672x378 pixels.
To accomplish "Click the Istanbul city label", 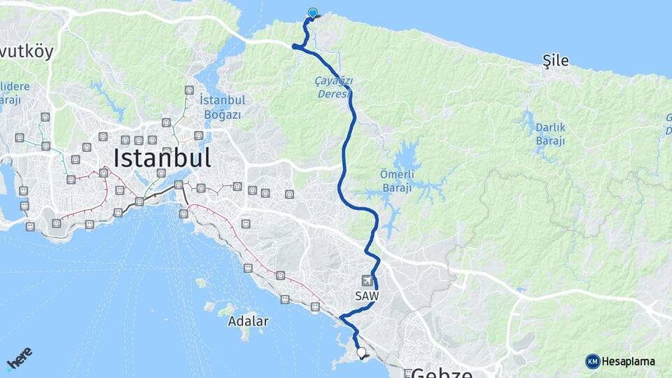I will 162,157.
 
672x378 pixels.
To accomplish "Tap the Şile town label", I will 556,62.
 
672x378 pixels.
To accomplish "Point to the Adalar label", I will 248,321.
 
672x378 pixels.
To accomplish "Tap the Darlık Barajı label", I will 550,134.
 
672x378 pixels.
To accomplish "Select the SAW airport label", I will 366,296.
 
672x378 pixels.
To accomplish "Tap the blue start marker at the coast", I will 312,13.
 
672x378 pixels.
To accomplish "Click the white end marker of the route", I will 362,353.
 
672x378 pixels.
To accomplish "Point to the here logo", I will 20,358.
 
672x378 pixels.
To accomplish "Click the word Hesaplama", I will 629,361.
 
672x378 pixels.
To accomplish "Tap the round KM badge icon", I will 592,361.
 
